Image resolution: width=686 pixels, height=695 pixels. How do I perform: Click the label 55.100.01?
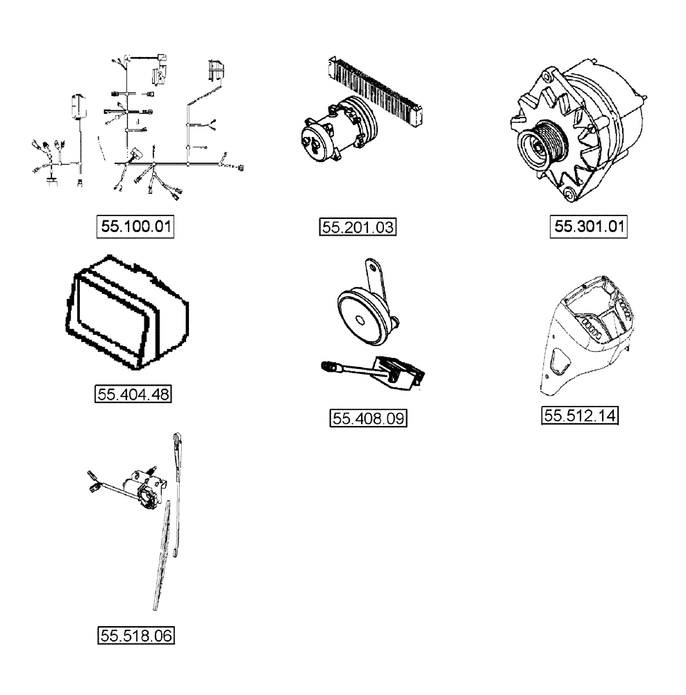(x=135, y=227)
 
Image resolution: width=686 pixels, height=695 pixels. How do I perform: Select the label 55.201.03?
(x=357, y=227)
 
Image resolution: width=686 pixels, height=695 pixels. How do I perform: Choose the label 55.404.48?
(x=133, y=394)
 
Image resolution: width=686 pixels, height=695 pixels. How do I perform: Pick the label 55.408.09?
(x=367, y=418)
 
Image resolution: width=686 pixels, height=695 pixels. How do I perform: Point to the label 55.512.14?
(x=580, y=416)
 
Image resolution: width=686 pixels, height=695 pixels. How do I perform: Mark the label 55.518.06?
(x=135, y=635)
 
